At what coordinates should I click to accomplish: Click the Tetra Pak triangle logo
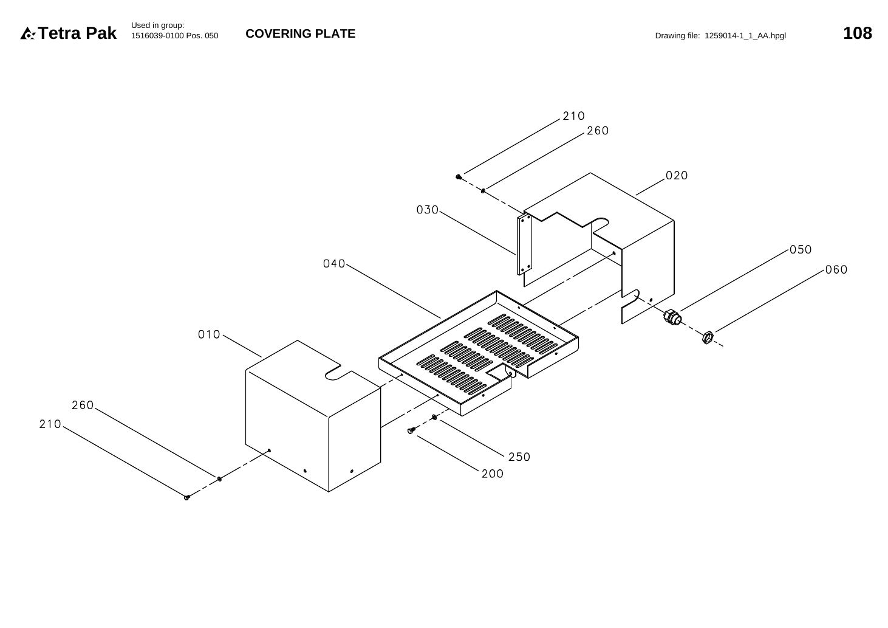click(28, 33)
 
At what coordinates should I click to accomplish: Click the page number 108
click(857, 33)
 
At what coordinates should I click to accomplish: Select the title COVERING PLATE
click(300, 33)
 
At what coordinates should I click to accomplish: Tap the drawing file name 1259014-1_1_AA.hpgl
click(745, 36)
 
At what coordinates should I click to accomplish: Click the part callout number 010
click(209, 334)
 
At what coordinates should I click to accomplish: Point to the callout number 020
click(676, 175)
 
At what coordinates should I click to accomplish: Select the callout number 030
click(428, 210)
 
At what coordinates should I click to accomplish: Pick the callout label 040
click(334, 264)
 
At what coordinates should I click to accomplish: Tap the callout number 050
click(801, 249)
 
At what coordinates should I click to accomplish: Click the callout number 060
click(836, 270)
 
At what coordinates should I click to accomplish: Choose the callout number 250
click(519, 457)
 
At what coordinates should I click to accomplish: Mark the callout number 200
click(493, 474)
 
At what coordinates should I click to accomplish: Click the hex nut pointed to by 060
click(708, 337)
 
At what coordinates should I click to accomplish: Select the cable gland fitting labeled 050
click(672, 317)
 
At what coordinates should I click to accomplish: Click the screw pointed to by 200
click(411, 430)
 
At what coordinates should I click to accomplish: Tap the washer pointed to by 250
click(434, 417)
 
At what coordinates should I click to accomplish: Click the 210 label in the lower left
click(50, 424)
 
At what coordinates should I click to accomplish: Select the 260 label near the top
click(598, 131)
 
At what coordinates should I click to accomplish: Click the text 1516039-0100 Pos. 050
click(174, 36)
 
